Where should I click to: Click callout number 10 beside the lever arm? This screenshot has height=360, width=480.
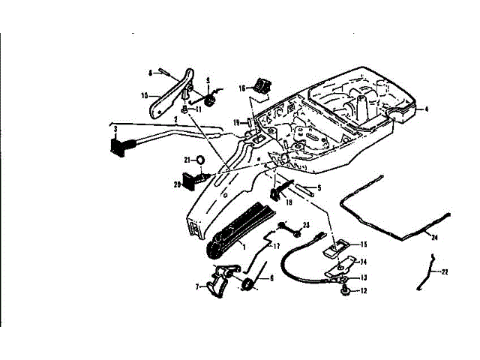145,95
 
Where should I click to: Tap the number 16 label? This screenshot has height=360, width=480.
242,88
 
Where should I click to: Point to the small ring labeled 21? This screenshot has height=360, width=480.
201,160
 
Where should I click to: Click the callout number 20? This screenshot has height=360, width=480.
177,183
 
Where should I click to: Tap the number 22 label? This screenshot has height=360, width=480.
445,271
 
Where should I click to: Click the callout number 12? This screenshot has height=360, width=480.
363,290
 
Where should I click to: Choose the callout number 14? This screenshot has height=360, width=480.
363,262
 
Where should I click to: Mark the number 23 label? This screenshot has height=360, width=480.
306,225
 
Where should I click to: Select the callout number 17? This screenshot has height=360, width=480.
276,245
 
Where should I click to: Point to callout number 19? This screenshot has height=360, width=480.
235,122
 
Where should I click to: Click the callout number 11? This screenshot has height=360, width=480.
198,109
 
